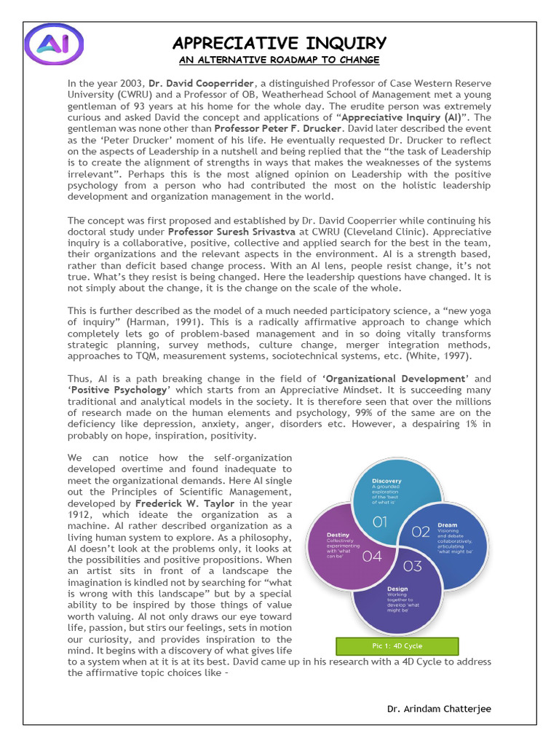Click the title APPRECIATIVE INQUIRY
(279, 43)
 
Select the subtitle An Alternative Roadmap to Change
(279, 60)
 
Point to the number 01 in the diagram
(380, 522)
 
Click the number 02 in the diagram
(421, 532)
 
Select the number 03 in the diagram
(412, 566)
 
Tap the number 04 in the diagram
(371, 557)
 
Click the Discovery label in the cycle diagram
(386, 482)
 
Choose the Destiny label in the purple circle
(338, 535)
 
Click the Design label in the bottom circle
(397, 589)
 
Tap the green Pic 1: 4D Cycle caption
(397, 646)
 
